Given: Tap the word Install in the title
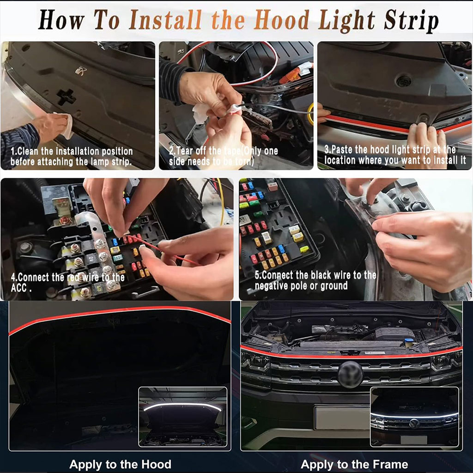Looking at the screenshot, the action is [165, 20].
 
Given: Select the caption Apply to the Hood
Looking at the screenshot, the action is [121, 464].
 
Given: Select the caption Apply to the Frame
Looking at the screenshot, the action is [354, 464].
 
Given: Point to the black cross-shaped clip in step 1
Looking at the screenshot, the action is [67, 97].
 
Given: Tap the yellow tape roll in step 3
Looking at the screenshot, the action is [310, 114].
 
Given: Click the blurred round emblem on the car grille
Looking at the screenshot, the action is [350, 374].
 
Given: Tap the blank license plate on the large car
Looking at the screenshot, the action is [342, 418].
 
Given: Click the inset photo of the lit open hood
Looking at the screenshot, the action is [182, 417].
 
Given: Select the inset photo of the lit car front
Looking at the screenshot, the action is [414, 417].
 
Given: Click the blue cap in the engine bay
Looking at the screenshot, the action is [409, 342].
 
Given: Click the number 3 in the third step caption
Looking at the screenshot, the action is [327, 149].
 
